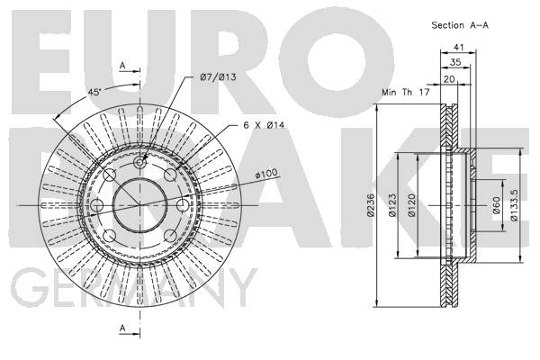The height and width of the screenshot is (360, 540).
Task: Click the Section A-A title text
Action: (x=460, y=25)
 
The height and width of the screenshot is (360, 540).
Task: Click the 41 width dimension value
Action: (x=458, y=47)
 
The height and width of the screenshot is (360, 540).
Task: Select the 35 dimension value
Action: (x=455, y=62)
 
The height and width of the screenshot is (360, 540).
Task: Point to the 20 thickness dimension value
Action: (x=449, y=79)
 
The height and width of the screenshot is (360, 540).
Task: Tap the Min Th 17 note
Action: (x=406, y=93)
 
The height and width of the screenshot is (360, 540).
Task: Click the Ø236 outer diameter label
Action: (x=370, y=205)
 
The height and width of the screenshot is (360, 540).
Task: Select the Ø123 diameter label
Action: (x=392, y=205)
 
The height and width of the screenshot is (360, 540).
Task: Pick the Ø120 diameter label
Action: (x=411, y=205)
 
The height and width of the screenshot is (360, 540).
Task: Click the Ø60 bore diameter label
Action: (x=496, y=205)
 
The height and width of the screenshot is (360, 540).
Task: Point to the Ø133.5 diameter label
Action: (x=514, y=205)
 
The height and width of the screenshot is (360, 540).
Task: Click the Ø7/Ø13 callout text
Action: (x=219, y=76)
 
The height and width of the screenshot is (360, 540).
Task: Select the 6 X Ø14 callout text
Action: (x=264, y=125)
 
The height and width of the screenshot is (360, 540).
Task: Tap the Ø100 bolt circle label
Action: (x=266, y=174)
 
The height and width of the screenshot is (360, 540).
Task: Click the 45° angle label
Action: (x=94, y=92)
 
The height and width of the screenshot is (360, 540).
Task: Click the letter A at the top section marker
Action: (x=122, y=66)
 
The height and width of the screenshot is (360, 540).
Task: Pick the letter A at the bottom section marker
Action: (x=122, y=328)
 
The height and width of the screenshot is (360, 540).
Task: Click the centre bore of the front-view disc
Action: (x=139, y=205)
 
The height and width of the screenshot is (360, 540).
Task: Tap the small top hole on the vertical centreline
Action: (x=139, y=162)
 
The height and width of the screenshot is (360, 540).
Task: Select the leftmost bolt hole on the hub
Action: (x=97, y=205)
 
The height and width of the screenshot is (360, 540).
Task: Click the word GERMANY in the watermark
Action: (x=133, y=288)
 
